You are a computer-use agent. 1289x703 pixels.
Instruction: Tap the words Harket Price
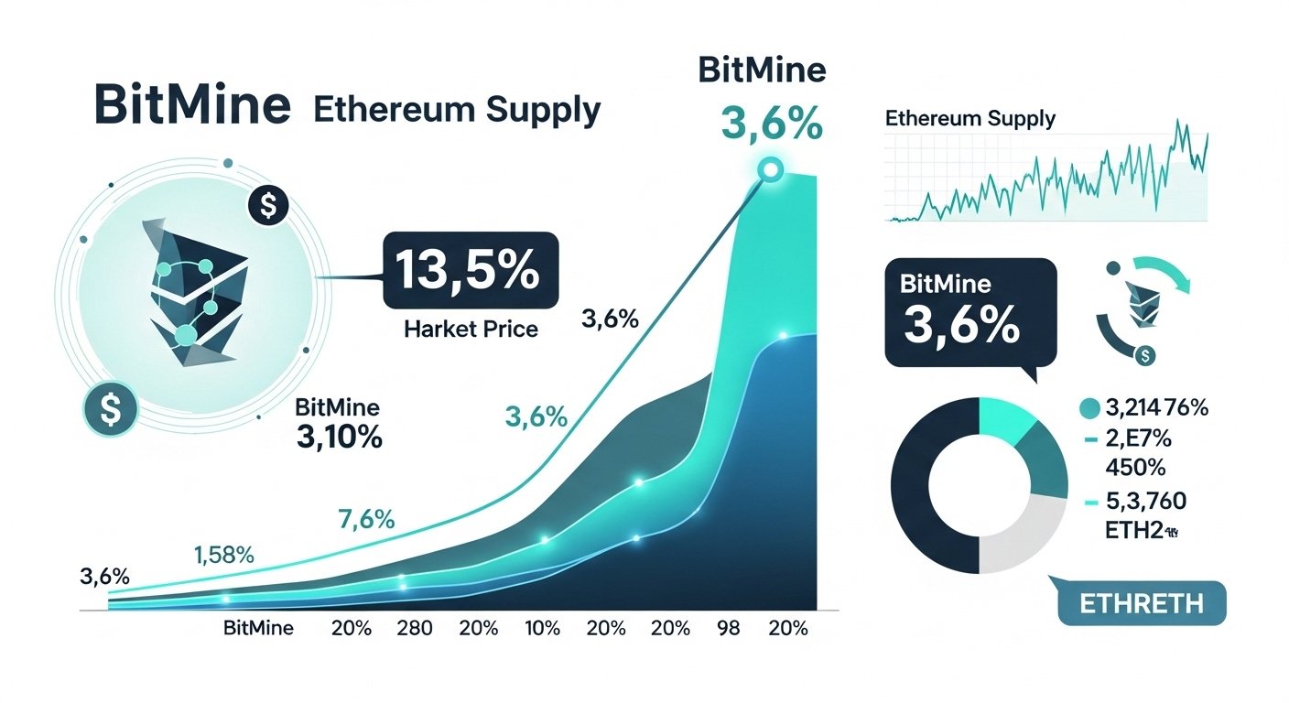click(471, 328)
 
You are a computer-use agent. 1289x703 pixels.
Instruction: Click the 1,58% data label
click(223, 555)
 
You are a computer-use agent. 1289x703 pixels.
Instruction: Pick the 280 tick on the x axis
click(414, 629)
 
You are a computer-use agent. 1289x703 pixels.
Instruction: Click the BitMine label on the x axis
click(258, 629)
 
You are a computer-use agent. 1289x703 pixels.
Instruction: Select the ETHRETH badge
click(1141, 604)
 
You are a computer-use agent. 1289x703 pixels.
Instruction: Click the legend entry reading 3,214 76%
click(1156, 408)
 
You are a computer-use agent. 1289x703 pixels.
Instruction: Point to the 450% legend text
click(1135, 468)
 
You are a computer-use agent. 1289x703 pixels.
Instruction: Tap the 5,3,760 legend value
click(1146, 501)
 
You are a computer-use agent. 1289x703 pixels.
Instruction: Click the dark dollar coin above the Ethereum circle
click(268, 206)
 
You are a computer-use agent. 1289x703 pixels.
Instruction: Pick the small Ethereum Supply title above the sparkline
click(970, 119)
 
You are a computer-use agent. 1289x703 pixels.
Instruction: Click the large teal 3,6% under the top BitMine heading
click(761, 124)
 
